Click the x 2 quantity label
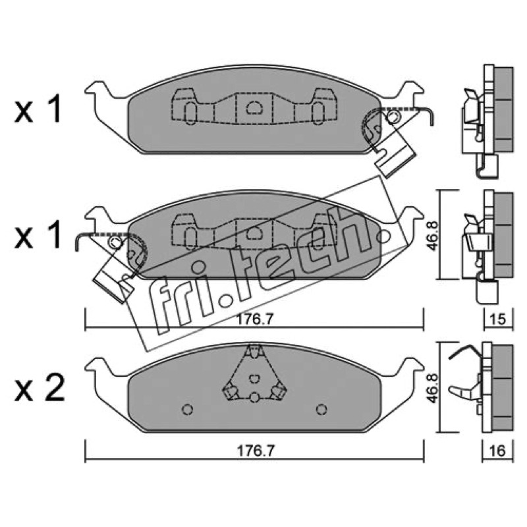point(40,389)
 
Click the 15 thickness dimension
point(498,319)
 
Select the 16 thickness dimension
point(498,451)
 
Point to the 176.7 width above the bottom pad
point(254,319)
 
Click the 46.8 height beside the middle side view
point(433,235)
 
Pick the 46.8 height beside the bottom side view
point(433,387)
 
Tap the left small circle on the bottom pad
point(187,410)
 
